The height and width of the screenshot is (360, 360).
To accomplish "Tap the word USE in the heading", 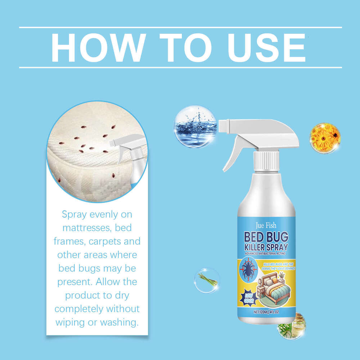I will tap(265, 47).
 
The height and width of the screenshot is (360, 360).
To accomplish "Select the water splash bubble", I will tap(194, 126).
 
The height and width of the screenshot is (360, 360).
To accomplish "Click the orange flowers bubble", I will tap(325, 138).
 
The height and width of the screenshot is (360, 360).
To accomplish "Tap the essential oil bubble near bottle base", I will tap(293, 326).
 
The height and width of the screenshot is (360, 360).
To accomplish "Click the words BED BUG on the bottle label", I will tap(266, 238).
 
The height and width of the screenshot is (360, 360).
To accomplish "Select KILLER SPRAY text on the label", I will tap(266, 249).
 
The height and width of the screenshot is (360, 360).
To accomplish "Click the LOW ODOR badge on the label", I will tap(245, 298).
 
